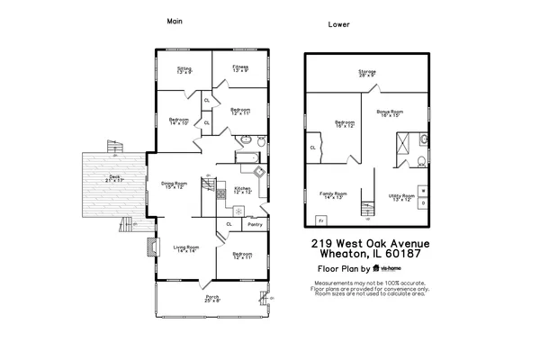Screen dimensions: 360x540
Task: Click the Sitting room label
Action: point(184,70)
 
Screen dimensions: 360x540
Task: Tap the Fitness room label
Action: point(240,69)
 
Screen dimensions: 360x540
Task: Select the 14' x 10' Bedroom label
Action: point(178,121)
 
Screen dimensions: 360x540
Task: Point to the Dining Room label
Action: point(174,186)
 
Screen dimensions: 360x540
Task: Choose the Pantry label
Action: point(255,224)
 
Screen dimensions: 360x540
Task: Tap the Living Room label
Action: point(186,249)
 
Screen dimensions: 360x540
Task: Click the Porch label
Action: point(212,299)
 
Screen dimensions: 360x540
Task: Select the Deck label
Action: point(113,179)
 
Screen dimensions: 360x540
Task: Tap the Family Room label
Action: point(332,196)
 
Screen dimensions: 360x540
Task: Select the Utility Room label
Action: point(401,197)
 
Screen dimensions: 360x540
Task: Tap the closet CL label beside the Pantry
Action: point(229,224)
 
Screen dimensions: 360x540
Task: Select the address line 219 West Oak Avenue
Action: point(371,244)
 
